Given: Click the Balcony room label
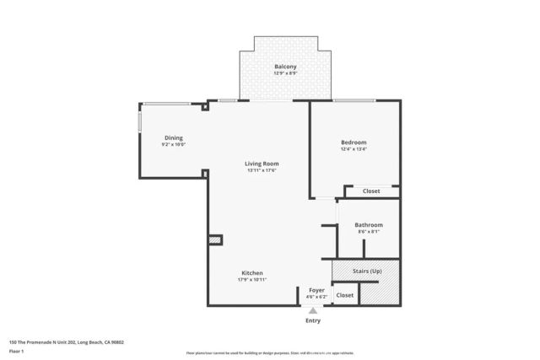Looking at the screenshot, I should [284, 67].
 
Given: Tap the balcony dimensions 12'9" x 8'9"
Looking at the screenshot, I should [284, 73].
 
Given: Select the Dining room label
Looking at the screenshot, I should [173, 138].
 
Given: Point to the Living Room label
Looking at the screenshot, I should [262, 164].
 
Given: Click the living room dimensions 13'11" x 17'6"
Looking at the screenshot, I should [262, 170].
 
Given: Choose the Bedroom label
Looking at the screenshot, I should [354, 142].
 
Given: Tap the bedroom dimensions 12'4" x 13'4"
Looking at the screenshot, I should [354, 149].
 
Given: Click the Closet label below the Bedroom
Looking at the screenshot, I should [371, 191].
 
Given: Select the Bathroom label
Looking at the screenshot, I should [369, 225].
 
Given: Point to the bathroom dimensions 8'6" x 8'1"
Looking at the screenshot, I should [369, 232].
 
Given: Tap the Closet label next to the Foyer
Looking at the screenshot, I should [345, 295].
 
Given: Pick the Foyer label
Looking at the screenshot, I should [316, 290].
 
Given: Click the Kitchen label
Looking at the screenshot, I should [252, 273].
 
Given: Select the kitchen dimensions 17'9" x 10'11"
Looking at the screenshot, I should [252, 280].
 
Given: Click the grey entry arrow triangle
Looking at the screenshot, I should [313, 311].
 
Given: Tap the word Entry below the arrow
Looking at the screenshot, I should [313, 321].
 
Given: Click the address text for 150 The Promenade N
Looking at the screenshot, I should [67, 342].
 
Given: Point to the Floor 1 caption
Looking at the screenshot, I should [16, 351].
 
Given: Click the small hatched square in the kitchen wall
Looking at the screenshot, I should [215, 240].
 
